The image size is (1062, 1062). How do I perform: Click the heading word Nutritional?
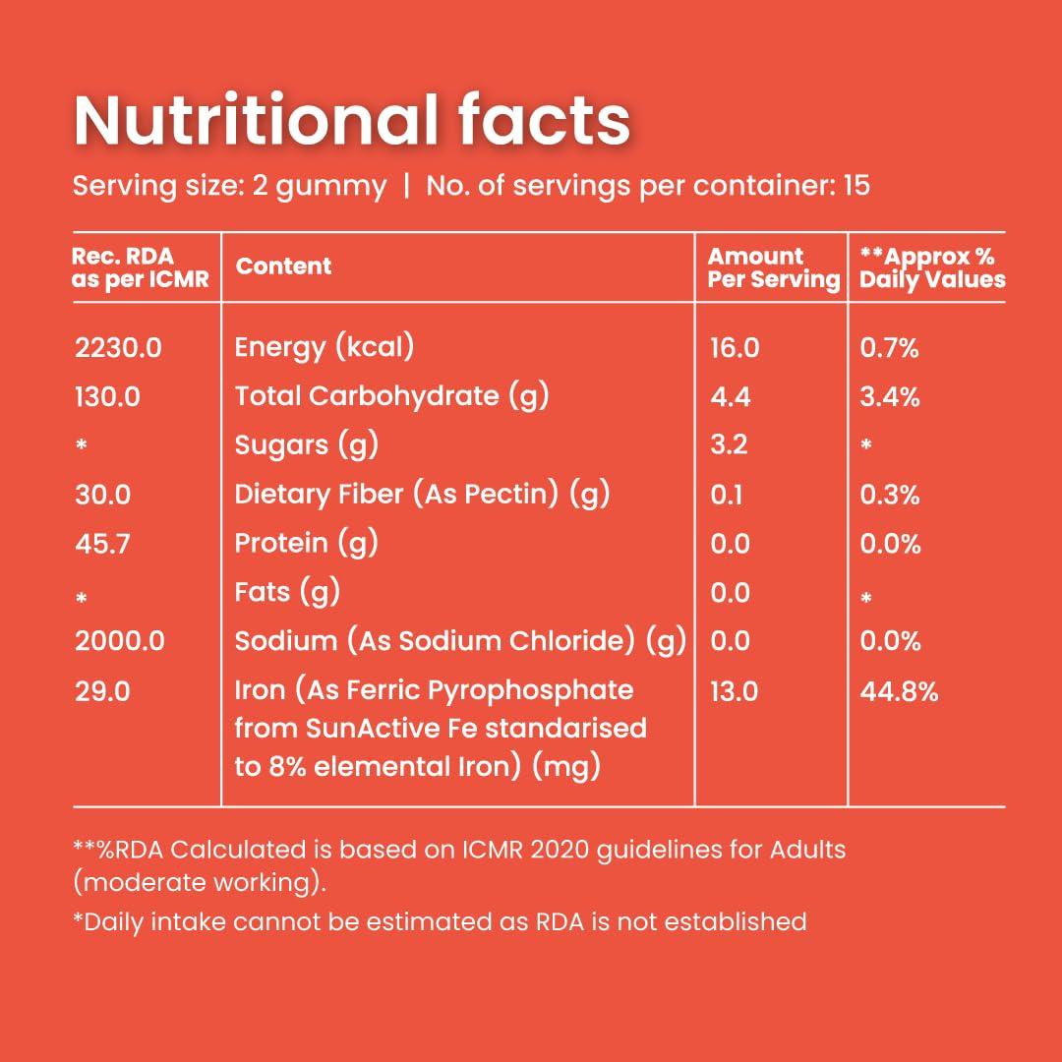point(256,122)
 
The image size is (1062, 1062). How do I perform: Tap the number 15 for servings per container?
point(855,186)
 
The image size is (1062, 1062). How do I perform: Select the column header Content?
point(284,266)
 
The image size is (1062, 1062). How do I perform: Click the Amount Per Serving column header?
point(773,268)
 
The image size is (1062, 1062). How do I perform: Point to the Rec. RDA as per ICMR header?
point(141,267)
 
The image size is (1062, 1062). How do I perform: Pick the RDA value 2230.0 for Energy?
point(118,347)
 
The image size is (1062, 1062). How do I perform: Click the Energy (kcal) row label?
point(324,347)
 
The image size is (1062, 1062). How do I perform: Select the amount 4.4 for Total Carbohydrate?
point(730,396)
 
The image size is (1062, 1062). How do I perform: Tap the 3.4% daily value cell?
point(890,396)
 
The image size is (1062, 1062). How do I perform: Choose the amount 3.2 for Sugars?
point(729,444)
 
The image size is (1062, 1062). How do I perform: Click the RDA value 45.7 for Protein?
point(102,543)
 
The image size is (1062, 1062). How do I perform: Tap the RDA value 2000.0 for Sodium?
point(120,641)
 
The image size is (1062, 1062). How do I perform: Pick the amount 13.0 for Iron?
point(734,691)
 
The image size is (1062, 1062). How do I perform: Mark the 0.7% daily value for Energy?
point(889,347)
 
